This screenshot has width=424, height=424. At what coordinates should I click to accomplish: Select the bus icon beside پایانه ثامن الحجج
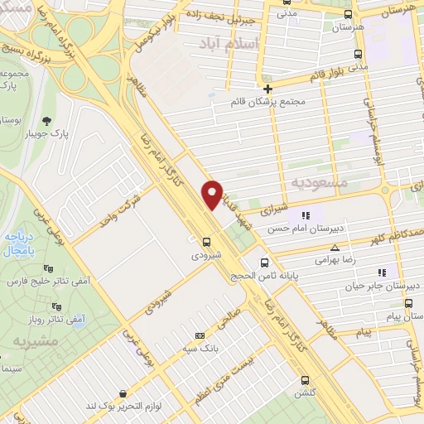click(264, 263)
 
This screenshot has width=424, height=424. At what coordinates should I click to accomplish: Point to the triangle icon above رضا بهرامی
click(335, 247)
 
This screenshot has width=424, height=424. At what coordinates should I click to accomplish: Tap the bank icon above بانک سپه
click(199, 335)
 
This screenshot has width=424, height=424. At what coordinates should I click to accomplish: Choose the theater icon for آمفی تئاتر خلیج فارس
click(48, 269)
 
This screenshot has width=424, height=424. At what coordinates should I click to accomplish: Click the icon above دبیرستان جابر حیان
click(382, 272)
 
